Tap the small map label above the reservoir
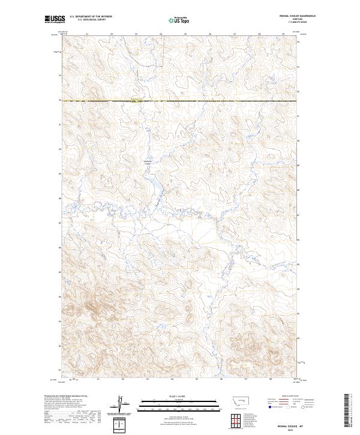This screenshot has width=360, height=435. (x=148, y=162)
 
